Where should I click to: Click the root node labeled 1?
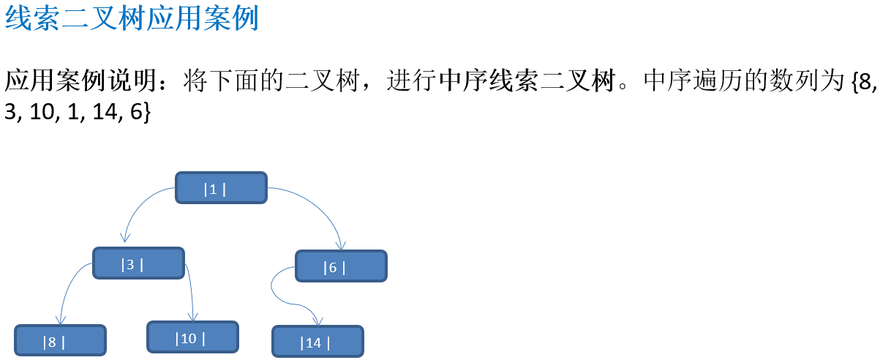click(221, 188)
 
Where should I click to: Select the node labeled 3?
click(138, 263)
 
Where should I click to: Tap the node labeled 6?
click(341, 266)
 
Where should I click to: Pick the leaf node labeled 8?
click(60, 341)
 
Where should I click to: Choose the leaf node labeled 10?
click(192, 337)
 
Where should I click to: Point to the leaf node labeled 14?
click(317, 342)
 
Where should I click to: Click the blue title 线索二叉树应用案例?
click(132, 19)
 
